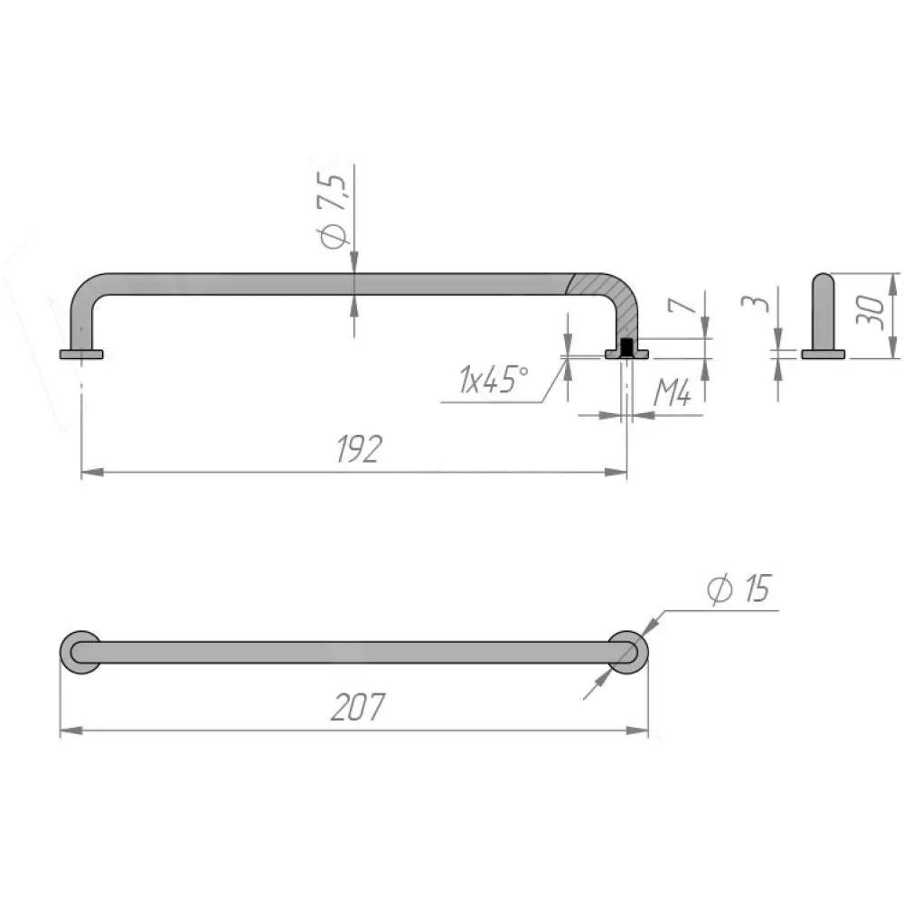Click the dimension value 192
tap(359, 449)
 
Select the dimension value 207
tap(358, 707)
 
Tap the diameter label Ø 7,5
tap(334, 211)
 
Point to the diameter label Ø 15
tap(739, 589)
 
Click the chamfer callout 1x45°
tap(493, 379)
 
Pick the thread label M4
tap(673, 394)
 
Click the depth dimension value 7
tap(682, 303)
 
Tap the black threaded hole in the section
tap(626, 348)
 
